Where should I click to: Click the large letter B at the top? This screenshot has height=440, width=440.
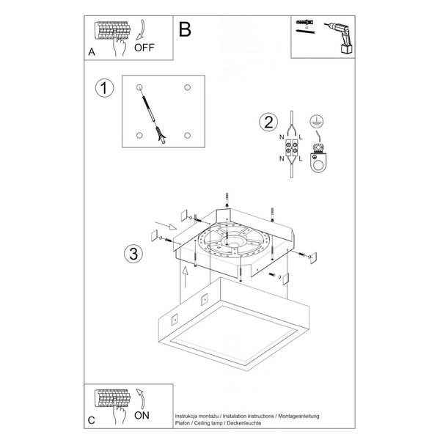click(x=185, y=29)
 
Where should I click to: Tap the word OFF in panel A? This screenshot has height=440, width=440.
click(x=145, y=49)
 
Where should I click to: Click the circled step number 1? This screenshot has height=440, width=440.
click(x=106, y=89)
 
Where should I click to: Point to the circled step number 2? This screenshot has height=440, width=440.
click(x=268, y=122)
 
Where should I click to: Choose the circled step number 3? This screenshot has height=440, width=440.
click(x=133, y=254)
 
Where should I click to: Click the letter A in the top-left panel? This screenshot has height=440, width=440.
click(x=92, y=52)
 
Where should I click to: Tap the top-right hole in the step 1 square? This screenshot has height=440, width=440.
click(x=188, y=88)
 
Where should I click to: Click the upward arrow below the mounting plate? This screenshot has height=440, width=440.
click(x=186, y=277)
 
